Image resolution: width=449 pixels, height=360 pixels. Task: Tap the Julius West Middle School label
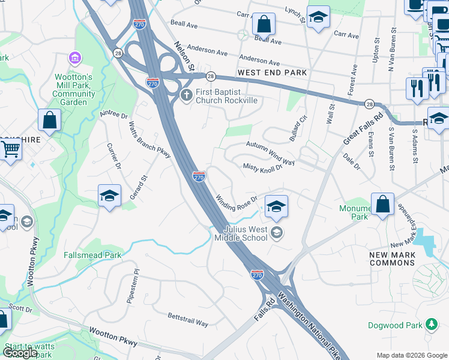(x=246, y=233)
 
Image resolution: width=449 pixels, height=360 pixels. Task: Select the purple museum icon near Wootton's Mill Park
(x=75, y=58)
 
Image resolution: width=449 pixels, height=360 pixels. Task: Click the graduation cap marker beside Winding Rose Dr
(x=276, y=206)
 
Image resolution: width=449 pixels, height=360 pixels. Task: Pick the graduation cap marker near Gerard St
(x=109, y=196)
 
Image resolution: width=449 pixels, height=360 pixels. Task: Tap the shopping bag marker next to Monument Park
(x=382, y=205)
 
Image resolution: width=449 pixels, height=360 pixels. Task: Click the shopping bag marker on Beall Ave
(x=264, y=25)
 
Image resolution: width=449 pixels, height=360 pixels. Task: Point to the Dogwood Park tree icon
(x=430, y=325)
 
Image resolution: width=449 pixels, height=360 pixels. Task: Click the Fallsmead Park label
(x=92, y=255)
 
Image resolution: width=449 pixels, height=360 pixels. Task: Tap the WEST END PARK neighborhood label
(x=272, y=73)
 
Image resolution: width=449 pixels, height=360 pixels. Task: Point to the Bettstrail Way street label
(x=188, y=319)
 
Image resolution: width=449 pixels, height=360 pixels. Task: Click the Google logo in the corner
(x=20, y=353)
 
